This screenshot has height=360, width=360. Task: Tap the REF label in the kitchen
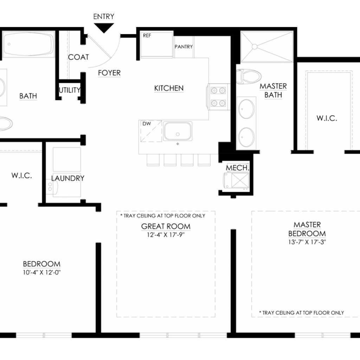(x=147, y=36)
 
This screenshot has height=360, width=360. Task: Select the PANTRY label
(x=184, y=47)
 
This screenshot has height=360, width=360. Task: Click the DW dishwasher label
(x=147, y=124)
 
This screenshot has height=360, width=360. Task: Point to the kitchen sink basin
(x=178, y=131)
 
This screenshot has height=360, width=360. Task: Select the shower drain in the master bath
(x=255, y=47)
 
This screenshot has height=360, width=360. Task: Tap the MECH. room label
(x=238, y=168)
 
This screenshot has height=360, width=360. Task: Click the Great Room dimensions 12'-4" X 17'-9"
(x=166, y=235)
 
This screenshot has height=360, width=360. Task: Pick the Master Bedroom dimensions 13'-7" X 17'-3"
(x=307, y=242)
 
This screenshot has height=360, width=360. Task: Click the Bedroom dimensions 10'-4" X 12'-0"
(x=42, y=272)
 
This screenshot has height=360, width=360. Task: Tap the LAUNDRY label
(x=68, y=178)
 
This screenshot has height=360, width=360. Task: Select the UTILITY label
(x=70, y=90)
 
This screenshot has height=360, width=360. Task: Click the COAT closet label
(x=78, y=57)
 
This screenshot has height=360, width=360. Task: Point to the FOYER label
(x=109, y=73)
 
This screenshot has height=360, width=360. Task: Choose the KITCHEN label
(x=169, y=88)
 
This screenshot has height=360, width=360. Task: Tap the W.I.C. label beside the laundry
(x=21, y=176)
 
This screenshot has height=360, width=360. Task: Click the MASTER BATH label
(x=273, y=90)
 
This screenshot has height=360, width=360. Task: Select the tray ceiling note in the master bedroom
(x=301, y=313)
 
